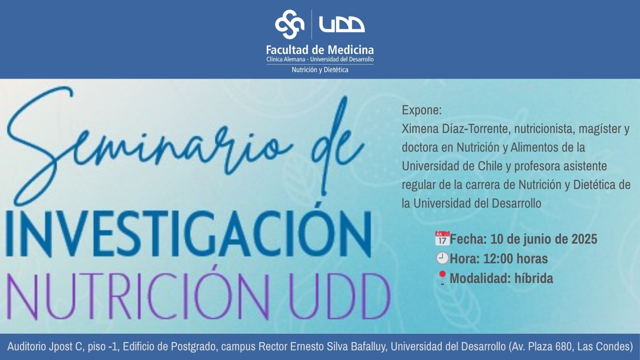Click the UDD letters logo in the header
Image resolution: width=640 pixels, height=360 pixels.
(342, 24)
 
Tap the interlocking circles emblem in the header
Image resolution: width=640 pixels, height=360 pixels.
(290, 24)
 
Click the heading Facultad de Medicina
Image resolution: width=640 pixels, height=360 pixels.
(320, 50)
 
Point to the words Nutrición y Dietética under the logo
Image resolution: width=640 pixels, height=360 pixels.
(320, 70)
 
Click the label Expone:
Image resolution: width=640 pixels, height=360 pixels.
(422, 110)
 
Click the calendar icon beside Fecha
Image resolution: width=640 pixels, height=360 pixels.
(442, 239)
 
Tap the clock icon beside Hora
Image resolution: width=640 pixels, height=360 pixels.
(442, 258)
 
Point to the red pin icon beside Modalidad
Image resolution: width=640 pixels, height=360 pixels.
(442, 278)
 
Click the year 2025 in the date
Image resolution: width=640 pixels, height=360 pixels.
(584, 239)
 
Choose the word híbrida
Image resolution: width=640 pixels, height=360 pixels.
(534, 278)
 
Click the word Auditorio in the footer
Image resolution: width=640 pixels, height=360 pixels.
(27, 347)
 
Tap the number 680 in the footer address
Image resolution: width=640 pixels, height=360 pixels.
(564, 347)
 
